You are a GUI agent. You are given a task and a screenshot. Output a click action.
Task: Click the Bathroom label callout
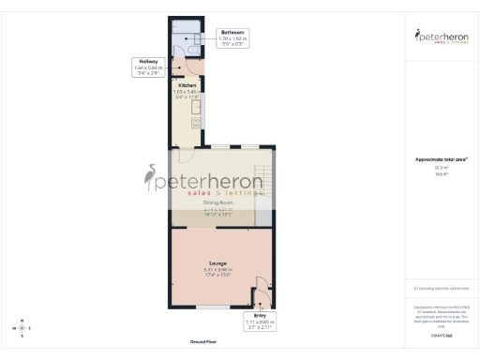[231, 37]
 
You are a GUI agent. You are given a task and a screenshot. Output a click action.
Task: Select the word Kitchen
[186, 85]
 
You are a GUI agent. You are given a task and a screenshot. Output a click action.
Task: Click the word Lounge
[217, 262]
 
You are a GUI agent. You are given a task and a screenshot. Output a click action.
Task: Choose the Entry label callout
[260, 322]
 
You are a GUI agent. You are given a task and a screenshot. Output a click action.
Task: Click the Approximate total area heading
[437, 159]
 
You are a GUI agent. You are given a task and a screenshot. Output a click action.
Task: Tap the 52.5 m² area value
[437, 167]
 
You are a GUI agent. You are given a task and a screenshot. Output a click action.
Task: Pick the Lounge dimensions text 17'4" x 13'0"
[217, 274]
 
